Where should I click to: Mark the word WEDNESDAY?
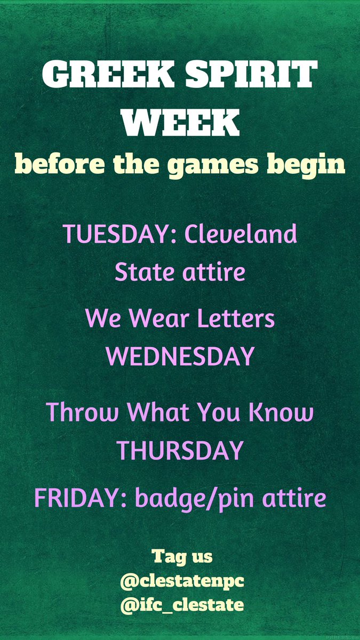point(180,357)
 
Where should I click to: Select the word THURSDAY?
point(180,451)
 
